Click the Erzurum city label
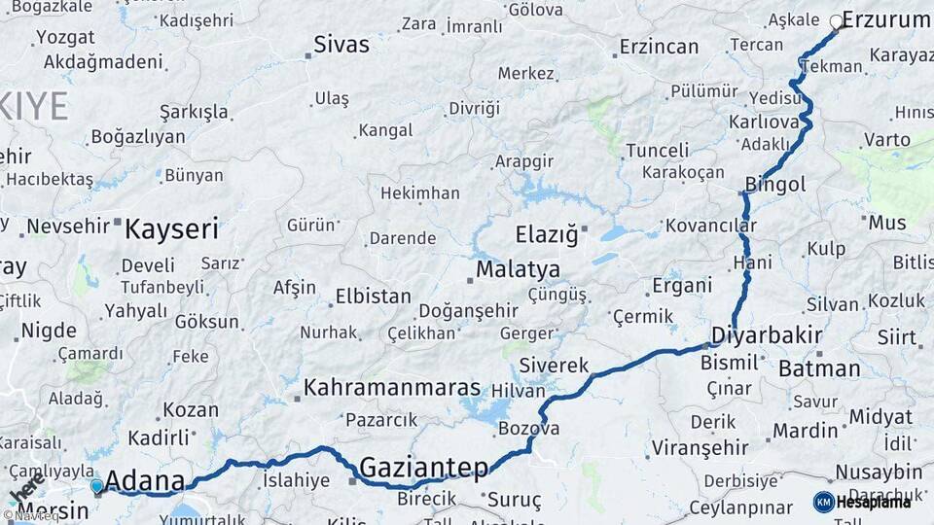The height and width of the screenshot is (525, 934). coord(886,19)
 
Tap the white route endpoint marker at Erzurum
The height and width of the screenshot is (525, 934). coord(836,20)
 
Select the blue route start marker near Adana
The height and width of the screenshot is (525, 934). coord(96,485)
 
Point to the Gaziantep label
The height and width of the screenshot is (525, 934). coord(424,469)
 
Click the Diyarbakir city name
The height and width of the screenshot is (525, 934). coord(767,335)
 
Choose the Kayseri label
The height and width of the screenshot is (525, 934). coord(171,229)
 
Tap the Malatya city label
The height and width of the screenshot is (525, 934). coord(518,269)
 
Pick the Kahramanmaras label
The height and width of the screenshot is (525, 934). coord(392,387)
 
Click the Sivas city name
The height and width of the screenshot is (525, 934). coord(341,45)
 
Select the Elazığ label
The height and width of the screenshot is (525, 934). coord(547,234)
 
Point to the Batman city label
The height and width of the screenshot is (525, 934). coord(819,368)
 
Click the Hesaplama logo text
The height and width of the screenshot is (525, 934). coord(874,502)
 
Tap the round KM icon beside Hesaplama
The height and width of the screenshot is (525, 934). coord(823,502)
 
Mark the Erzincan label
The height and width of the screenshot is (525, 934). coord(659,47)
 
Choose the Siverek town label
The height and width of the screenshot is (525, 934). coord(555,366)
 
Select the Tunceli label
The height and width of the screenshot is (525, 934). coord(657,151)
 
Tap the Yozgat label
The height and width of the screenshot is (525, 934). coord(65,38)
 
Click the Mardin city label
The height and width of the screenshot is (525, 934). coord(806,430)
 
